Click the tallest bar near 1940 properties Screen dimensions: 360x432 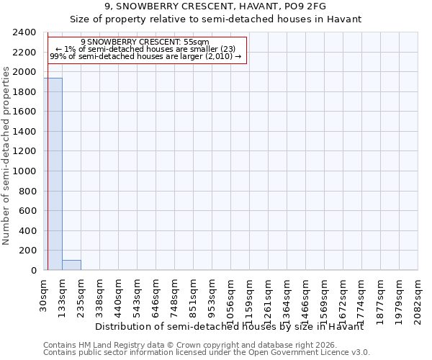click(53, 174)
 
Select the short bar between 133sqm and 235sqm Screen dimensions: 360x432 click(71, 265)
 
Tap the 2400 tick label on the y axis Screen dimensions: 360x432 click(24, 32)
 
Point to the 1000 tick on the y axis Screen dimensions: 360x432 click(24, 171)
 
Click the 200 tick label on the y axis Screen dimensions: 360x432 click(27, 251)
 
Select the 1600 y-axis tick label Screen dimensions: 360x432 click(24, 112)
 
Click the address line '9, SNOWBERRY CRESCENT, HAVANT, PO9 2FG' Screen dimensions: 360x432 click(215, 6)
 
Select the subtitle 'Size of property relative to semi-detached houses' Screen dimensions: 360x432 click(215, 19)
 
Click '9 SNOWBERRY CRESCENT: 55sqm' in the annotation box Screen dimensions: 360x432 click(145, 42)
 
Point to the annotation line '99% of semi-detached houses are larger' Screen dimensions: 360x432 click(145, 56)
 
